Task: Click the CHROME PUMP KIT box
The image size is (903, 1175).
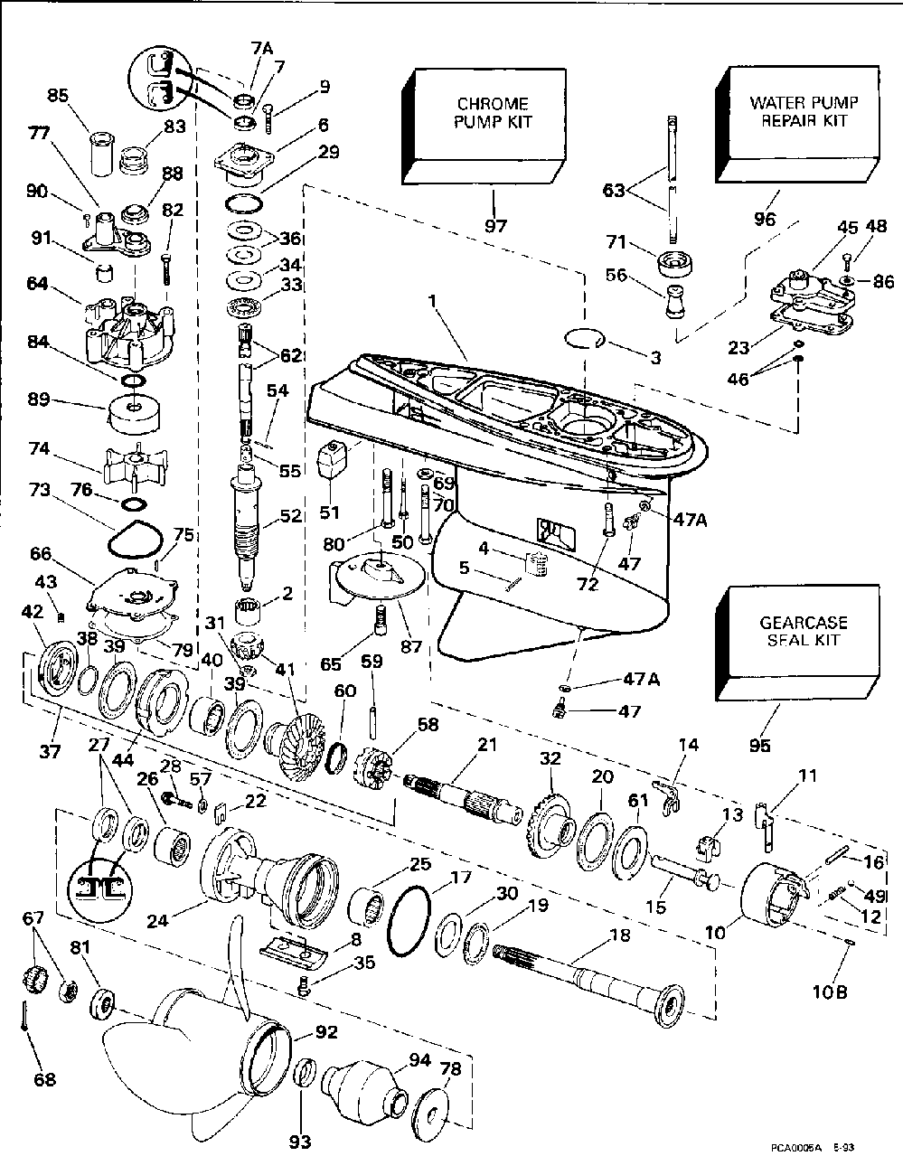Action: pyautogui.click(x=484, y=127)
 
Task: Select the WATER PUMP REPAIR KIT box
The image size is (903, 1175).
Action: pyautogui.click(x=797, y=126)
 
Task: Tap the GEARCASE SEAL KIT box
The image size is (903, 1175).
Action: pyautogui.click(x=797, y=643)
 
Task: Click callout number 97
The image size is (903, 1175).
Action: pyautogui.click(x=495, y=225)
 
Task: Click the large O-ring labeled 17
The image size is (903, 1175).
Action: pyautogui.click(x=409, y=923)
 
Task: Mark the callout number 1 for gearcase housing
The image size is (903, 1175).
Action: pyautogui.click(x=432, y=301)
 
